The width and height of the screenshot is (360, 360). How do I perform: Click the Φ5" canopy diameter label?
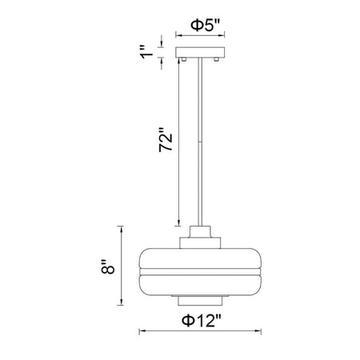205,25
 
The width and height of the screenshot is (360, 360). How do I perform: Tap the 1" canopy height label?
146,52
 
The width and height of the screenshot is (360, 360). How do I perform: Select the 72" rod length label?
166,140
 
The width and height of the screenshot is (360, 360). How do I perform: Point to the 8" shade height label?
108,266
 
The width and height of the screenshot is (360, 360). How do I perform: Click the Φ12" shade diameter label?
202,320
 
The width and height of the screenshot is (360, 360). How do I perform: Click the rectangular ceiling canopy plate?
200,52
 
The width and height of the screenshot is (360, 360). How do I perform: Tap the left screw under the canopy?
183,59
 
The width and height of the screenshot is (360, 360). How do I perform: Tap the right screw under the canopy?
217,59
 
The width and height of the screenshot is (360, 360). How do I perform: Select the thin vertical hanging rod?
200,142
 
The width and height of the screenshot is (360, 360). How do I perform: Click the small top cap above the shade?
200,231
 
